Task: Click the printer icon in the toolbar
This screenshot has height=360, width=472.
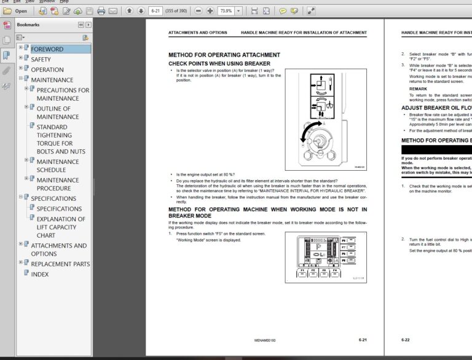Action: pos(101,10)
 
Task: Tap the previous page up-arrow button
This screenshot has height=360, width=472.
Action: pos(130,10)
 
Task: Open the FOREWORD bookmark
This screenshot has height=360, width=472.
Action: pos(47,49)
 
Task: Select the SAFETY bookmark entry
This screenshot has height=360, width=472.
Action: pos(41,60)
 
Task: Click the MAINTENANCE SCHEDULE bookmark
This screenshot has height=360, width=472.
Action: pos(58,166)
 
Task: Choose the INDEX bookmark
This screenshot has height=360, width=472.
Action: pos(40,274)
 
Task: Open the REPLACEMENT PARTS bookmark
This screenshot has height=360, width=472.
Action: pos(60,264)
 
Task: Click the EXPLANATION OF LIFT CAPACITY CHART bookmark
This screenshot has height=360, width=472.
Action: pos(61,227)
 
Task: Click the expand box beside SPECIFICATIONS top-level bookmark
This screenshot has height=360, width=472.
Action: pos(20,197)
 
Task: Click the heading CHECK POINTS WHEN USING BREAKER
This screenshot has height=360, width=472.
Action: pos(219,63)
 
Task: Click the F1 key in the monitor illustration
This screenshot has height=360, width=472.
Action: pos(302,270)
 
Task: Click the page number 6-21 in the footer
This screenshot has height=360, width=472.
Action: pos(363,339)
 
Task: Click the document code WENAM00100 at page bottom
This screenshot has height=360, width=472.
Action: pos(265,340)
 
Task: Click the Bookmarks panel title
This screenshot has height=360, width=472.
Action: pos(28,25)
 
